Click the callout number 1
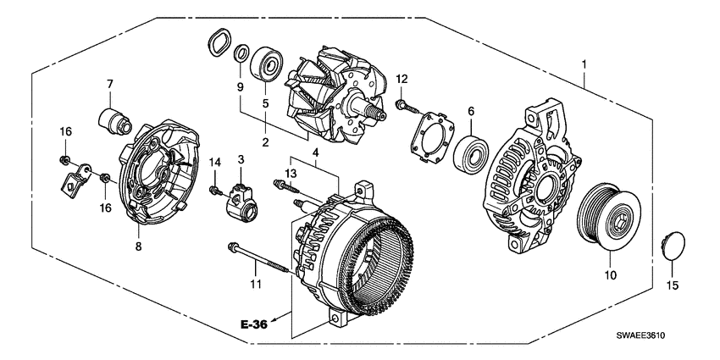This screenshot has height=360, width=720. (583, 64)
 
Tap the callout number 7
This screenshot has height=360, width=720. (109, 83)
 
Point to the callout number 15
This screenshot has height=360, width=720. (673, 286)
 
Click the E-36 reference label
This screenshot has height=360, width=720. (257, 325)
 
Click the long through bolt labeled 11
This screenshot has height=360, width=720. (258, 258)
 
